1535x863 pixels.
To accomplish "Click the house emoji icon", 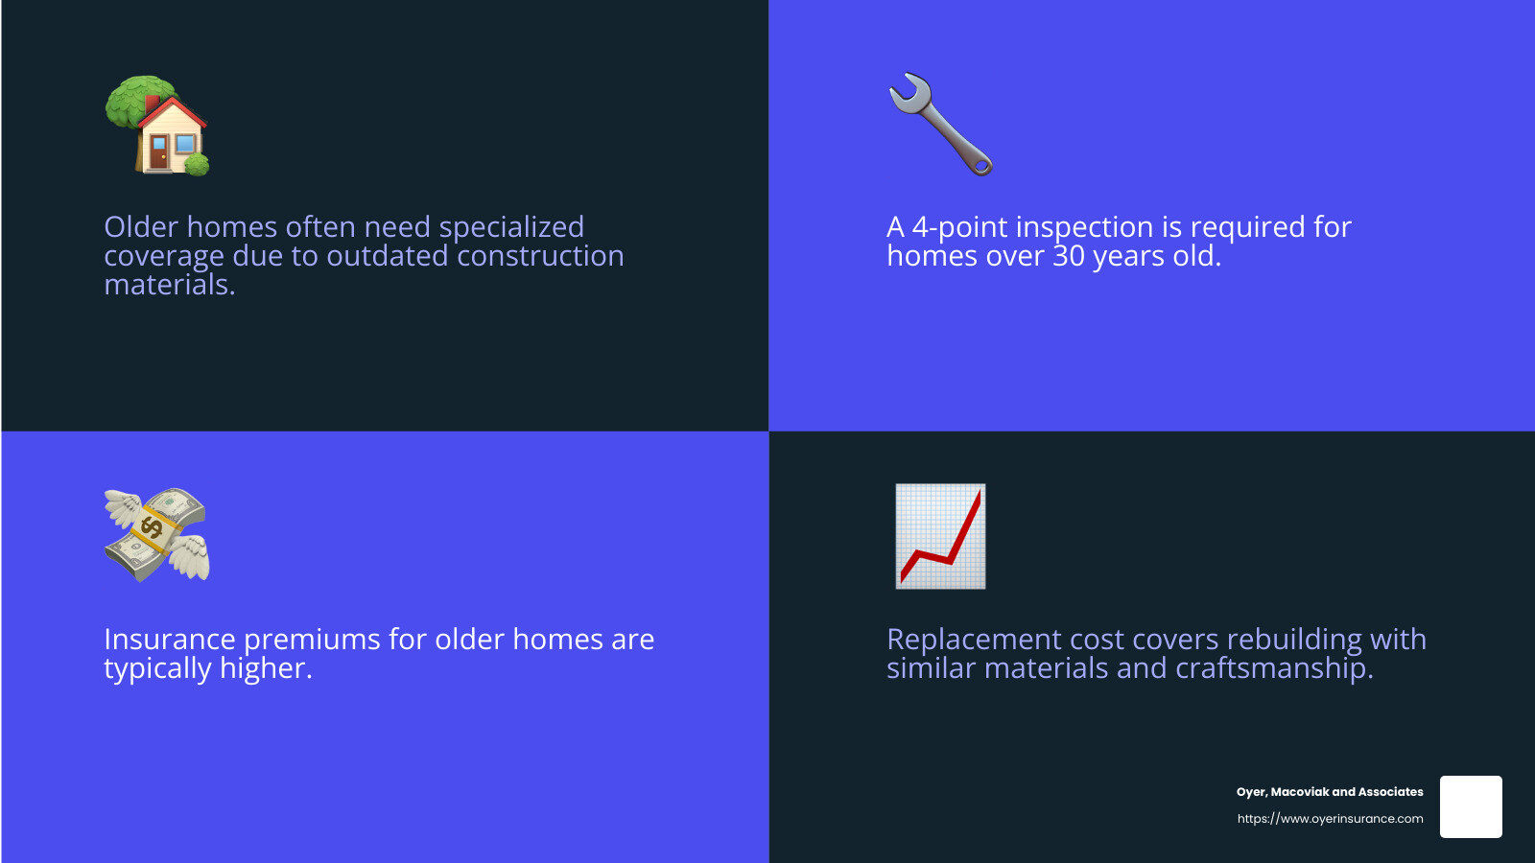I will (x=157, y=127).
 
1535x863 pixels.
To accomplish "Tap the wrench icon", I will (x=940, y=124).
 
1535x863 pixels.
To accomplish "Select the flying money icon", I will (x=157, y=535).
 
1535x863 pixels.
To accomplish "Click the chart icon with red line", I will (x=940, y=536).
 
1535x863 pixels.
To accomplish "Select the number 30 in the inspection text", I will (x=1069, y=257).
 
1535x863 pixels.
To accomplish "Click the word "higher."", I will (x=266, y=669).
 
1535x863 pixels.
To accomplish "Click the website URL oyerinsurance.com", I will (x=1330, y=819).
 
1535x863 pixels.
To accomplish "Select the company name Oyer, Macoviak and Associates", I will (x=1330, y=792).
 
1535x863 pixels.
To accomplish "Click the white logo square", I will (x=1471, y=807).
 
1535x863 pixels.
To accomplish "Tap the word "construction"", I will (x=540, y=257).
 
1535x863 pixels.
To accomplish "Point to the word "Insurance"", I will (x=170, y=641).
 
